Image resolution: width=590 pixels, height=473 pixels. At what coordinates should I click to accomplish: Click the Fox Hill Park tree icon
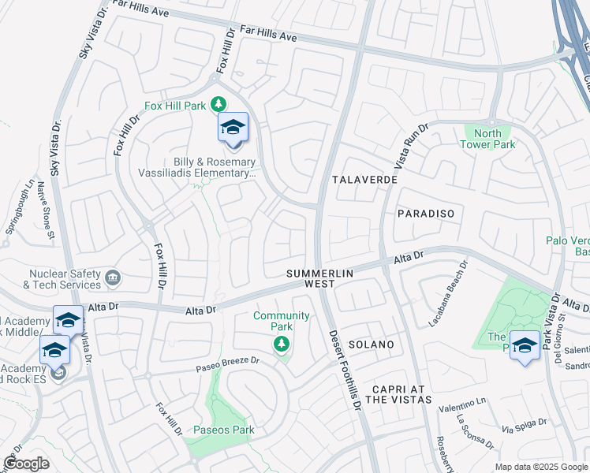(x=218, y=105)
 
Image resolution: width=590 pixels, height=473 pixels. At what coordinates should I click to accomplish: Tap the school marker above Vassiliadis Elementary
(x=233, y=128)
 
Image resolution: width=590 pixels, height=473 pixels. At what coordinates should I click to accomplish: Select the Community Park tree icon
(x=281, y=344)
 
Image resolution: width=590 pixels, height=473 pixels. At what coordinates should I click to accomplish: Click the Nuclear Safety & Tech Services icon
(x=113, y=277)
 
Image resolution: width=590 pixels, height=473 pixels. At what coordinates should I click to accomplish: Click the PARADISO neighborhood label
(x=425, y=214)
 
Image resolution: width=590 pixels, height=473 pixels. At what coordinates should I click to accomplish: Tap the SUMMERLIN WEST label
(x=319, y=277)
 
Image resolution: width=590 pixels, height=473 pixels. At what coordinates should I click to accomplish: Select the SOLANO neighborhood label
(x=371, y=345)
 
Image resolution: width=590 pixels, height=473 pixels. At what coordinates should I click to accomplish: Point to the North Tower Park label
(x=487, y=139)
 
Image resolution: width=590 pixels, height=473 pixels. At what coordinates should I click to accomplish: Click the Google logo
(x=26, y=464)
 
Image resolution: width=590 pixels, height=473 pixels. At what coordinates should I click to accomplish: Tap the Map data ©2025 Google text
(x=540, y=467)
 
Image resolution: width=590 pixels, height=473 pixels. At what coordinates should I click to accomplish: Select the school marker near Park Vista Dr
(x=525, y=346)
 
